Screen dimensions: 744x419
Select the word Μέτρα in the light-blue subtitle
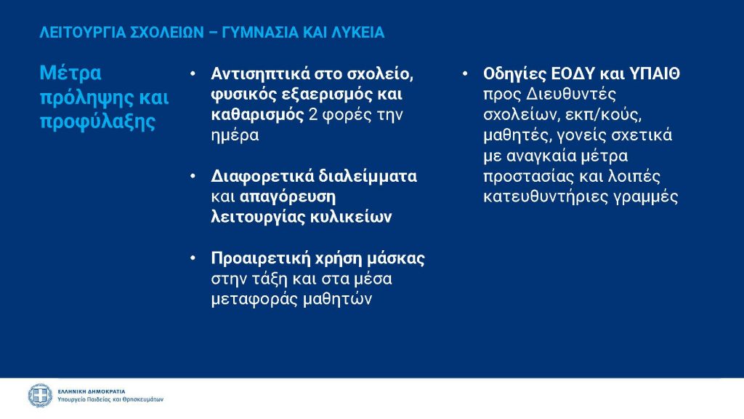point(70,73)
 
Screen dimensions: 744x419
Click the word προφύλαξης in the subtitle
point(97,121)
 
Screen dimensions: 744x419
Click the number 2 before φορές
point(312,114)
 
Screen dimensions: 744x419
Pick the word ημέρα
point(235,135)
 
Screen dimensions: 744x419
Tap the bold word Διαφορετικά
point(262,176)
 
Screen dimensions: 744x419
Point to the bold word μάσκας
point(396,259)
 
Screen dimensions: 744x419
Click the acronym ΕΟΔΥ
point(573,73)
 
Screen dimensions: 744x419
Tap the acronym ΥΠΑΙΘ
point(655,73)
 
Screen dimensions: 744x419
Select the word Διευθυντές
point(571,94)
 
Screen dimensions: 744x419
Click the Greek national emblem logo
point(40,395)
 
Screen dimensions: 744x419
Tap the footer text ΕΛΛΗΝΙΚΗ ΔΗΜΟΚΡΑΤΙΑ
point(92,391)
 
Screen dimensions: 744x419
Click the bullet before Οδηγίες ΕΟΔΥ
point(465,73)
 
